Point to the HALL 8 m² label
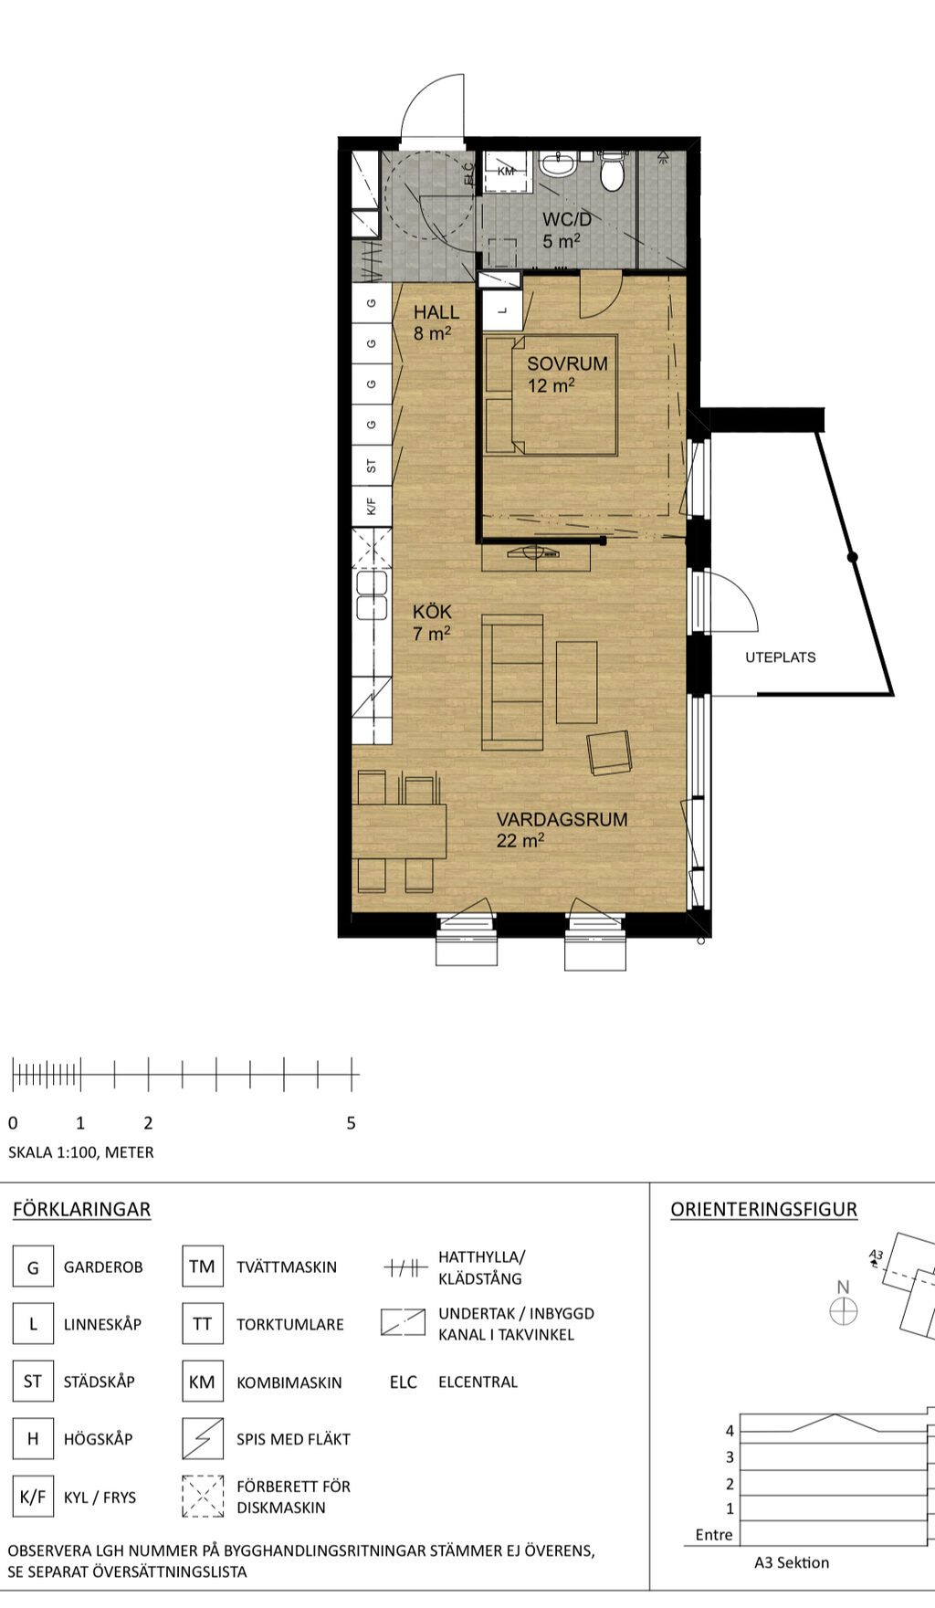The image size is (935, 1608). point(436,322)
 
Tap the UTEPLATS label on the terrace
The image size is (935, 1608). point(780,657)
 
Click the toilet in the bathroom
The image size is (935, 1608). point(612,172)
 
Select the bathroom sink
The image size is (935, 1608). point(557,165)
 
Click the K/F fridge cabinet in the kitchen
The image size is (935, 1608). point(372,506)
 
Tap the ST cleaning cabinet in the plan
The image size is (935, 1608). point(372,466)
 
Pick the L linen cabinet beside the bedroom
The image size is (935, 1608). point(501,310)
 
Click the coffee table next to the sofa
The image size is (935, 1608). point(576,682)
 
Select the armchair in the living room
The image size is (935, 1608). point(609,752)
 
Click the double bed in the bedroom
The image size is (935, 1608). point(552,395)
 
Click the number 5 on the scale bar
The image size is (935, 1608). point(351,1123)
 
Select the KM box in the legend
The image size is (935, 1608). point(202,1382)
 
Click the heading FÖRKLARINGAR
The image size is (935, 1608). point(81,1209)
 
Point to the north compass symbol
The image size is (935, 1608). point(843,1311)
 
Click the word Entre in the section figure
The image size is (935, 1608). point(713,1534)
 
